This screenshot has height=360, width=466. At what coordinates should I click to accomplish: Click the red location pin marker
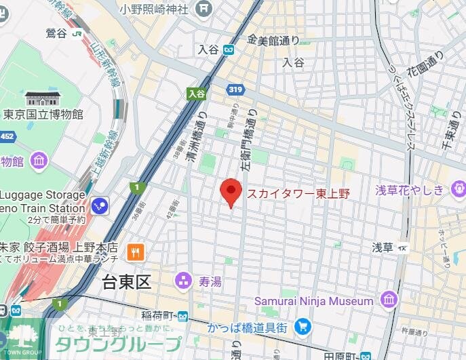(231, 191)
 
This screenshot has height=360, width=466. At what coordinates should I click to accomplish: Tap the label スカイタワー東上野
(298, 194)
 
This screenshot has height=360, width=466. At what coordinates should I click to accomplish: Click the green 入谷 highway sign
(197, 94)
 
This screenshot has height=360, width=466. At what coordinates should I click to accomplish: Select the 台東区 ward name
(126, 282)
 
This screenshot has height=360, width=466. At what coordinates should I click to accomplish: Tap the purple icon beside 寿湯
(183, 280)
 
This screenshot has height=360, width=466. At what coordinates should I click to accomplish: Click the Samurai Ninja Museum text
(313, 300)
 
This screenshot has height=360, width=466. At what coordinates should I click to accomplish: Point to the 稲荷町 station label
(161, 315)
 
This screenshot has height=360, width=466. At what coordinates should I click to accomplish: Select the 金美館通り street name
(273, 41)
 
